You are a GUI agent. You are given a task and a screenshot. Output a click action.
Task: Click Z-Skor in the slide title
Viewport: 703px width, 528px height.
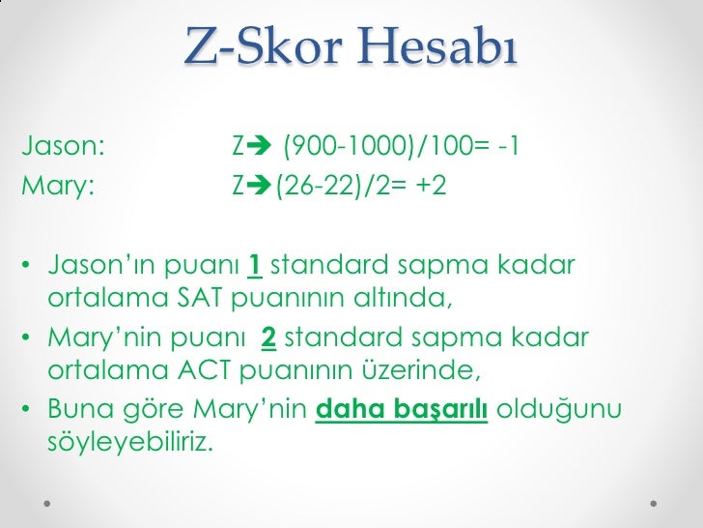tap(254, 46)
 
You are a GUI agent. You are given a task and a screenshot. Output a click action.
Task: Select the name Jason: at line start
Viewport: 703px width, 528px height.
tap(62, 148)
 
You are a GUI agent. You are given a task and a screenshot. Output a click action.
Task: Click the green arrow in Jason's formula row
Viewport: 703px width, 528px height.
tap(261, 148)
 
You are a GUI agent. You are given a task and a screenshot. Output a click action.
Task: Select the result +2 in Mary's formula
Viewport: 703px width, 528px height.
tap(429, 184)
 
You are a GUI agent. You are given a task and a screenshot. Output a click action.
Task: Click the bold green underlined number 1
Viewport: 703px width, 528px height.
tap(256, 264)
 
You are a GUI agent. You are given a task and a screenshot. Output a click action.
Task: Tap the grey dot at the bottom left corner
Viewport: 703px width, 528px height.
tap(48, 504)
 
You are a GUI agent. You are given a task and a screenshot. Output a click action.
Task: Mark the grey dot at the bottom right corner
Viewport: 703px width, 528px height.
tap(655, 504)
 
